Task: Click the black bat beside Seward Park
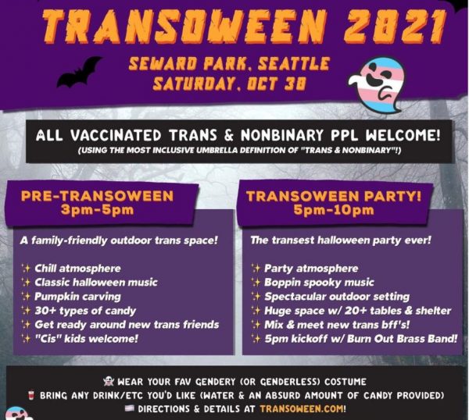78,73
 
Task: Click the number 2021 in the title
394,27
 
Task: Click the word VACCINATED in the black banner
116,136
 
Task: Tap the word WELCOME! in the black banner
403,135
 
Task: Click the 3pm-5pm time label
97,210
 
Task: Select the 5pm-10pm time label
334,210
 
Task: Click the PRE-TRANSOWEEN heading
97,196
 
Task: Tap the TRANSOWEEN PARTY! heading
334,196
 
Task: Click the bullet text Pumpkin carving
77,297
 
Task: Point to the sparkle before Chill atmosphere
26,269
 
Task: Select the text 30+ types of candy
85,311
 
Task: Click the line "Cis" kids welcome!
87,339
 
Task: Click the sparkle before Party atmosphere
256,269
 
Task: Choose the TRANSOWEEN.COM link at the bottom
303,408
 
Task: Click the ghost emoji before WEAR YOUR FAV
109,382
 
